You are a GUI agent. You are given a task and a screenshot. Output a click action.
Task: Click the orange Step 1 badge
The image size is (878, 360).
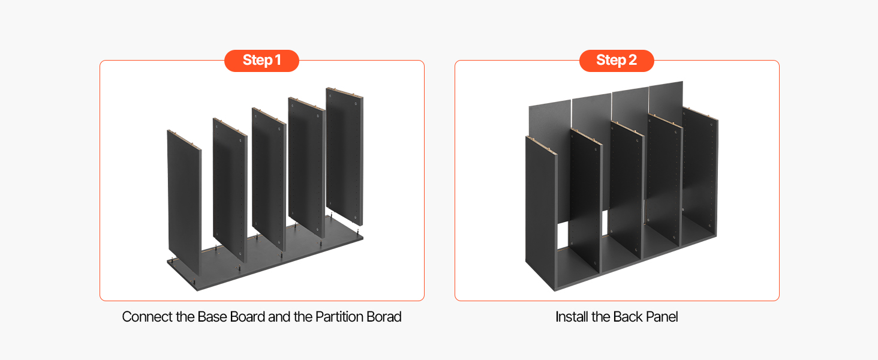pos(261,61)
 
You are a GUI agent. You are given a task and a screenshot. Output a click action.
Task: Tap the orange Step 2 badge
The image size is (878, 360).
pos(617,61)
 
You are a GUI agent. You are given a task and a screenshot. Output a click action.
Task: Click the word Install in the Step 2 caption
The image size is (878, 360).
pos(572,317)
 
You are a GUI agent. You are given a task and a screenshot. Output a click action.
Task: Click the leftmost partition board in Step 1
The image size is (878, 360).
pos(184,202)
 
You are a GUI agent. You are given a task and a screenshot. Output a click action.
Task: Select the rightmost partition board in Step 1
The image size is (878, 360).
pos(344,156)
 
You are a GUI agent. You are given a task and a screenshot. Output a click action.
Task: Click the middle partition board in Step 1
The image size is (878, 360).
pos(269,179)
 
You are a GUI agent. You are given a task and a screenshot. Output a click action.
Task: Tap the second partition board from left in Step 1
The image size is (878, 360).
pos(230,190)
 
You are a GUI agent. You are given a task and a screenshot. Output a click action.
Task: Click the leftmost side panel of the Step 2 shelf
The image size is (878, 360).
pos(541,214)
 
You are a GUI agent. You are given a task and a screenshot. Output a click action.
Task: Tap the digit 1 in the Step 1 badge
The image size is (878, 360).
pos(278,61)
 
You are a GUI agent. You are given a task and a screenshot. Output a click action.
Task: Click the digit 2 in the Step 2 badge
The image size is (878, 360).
pos(633,61)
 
